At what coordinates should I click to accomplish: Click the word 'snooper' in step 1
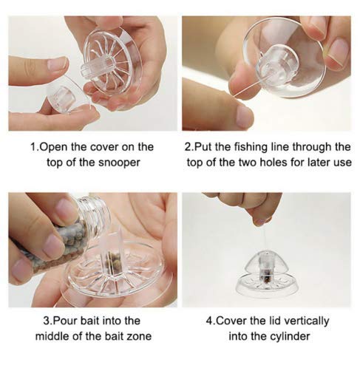(x=119, y=163)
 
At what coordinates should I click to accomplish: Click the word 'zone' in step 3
(x=140, y=337)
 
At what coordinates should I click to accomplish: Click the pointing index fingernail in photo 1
(x=57, y=64)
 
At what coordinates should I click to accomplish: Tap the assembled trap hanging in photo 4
(x=266, y=271)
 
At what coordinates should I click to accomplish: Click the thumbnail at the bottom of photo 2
(x=243, y=115)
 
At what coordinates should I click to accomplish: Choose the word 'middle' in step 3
(x=50, y=337)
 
